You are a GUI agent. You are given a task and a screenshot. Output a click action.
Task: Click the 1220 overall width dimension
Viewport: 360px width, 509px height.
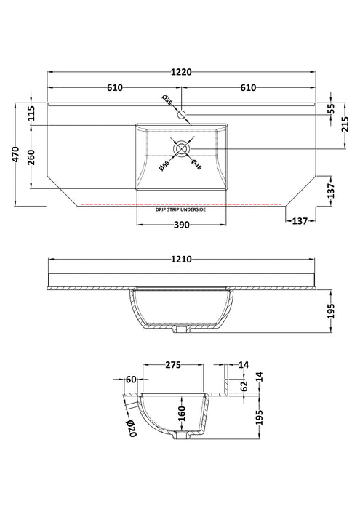coord(182,72)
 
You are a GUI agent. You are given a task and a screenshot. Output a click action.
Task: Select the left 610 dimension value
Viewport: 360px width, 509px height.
coord(115,88)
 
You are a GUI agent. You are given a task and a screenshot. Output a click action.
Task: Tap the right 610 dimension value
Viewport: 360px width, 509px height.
coord(248,88)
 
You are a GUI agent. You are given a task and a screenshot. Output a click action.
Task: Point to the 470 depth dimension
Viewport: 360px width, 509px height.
coord(16,154)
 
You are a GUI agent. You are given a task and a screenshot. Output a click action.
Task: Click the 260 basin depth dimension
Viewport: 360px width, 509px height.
coord(31,157)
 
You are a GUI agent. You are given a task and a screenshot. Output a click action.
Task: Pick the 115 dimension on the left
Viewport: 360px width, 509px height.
coord(31,113)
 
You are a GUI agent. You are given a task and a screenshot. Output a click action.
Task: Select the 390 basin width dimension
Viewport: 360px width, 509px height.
coord(182,225)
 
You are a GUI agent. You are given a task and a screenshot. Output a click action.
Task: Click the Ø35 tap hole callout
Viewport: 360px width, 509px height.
coord(167,100)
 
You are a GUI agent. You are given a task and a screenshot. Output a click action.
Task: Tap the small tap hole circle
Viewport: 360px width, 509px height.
coord(182,114)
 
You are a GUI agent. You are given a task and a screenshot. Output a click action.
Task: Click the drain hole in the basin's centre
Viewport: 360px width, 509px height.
coord(182,148)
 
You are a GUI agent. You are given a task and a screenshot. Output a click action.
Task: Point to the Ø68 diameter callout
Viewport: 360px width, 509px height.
coord(164,167)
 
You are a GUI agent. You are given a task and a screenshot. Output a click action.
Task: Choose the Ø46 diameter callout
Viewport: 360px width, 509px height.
coord(196,164)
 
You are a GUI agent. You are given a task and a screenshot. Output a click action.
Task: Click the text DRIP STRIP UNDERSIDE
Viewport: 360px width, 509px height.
coord(180,209)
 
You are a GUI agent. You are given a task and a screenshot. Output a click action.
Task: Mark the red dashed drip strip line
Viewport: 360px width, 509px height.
coord(182,204)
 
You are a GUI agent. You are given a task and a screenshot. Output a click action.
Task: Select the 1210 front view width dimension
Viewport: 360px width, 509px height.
coord(182,260)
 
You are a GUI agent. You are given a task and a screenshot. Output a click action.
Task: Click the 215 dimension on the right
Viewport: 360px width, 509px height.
coord(345,124)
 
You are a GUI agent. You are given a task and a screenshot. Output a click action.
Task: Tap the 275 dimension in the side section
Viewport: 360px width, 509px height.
coord(173,365)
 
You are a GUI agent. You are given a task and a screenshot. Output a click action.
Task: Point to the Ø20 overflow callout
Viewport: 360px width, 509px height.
coord(132,428)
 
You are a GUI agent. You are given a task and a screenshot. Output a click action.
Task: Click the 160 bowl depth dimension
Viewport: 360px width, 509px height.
coord(182,412)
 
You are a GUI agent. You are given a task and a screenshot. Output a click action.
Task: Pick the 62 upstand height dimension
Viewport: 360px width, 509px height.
coord(244,385)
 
